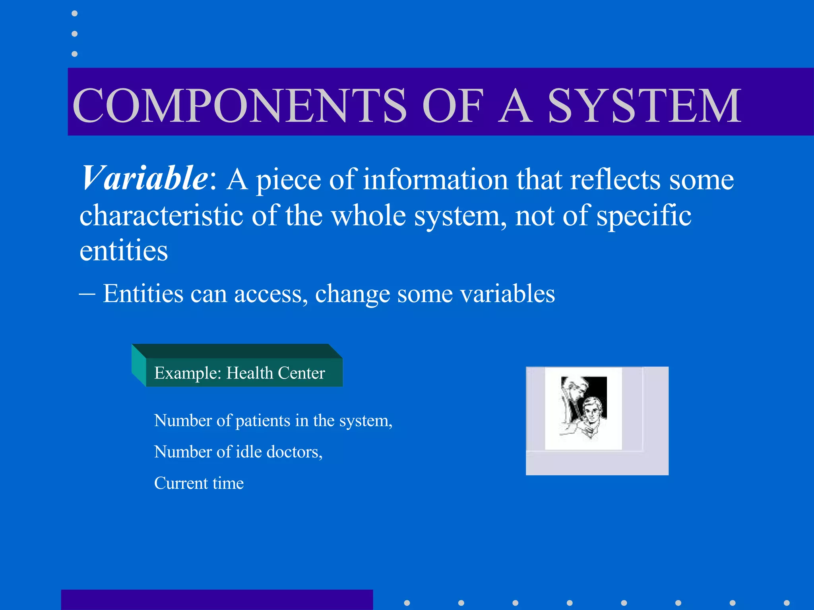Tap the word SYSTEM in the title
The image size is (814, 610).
(x=644, y=106)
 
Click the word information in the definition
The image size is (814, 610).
(x=435, y=180)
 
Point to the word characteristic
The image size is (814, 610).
(x=161, y=216)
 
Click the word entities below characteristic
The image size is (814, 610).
(x=124, y=251)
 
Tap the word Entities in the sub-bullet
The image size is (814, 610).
(x=143, y=294)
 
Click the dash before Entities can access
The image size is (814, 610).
(x=87, y=294)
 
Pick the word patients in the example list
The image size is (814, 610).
(x=263, y=421)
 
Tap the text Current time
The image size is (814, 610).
(x=199, y=483)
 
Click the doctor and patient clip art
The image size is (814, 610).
(x=583, y=408)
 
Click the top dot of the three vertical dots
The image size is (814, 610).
(x=74, y=14)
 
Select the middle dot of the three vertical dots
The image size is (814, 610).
(x=74, y=34)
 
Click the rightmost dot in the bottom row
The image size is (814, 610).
(x=787, y=603)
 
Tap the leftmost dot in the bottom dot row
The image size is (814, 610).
(x=407, y=603)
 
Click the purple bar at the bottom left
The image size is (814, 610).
(x=217, y=600)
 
